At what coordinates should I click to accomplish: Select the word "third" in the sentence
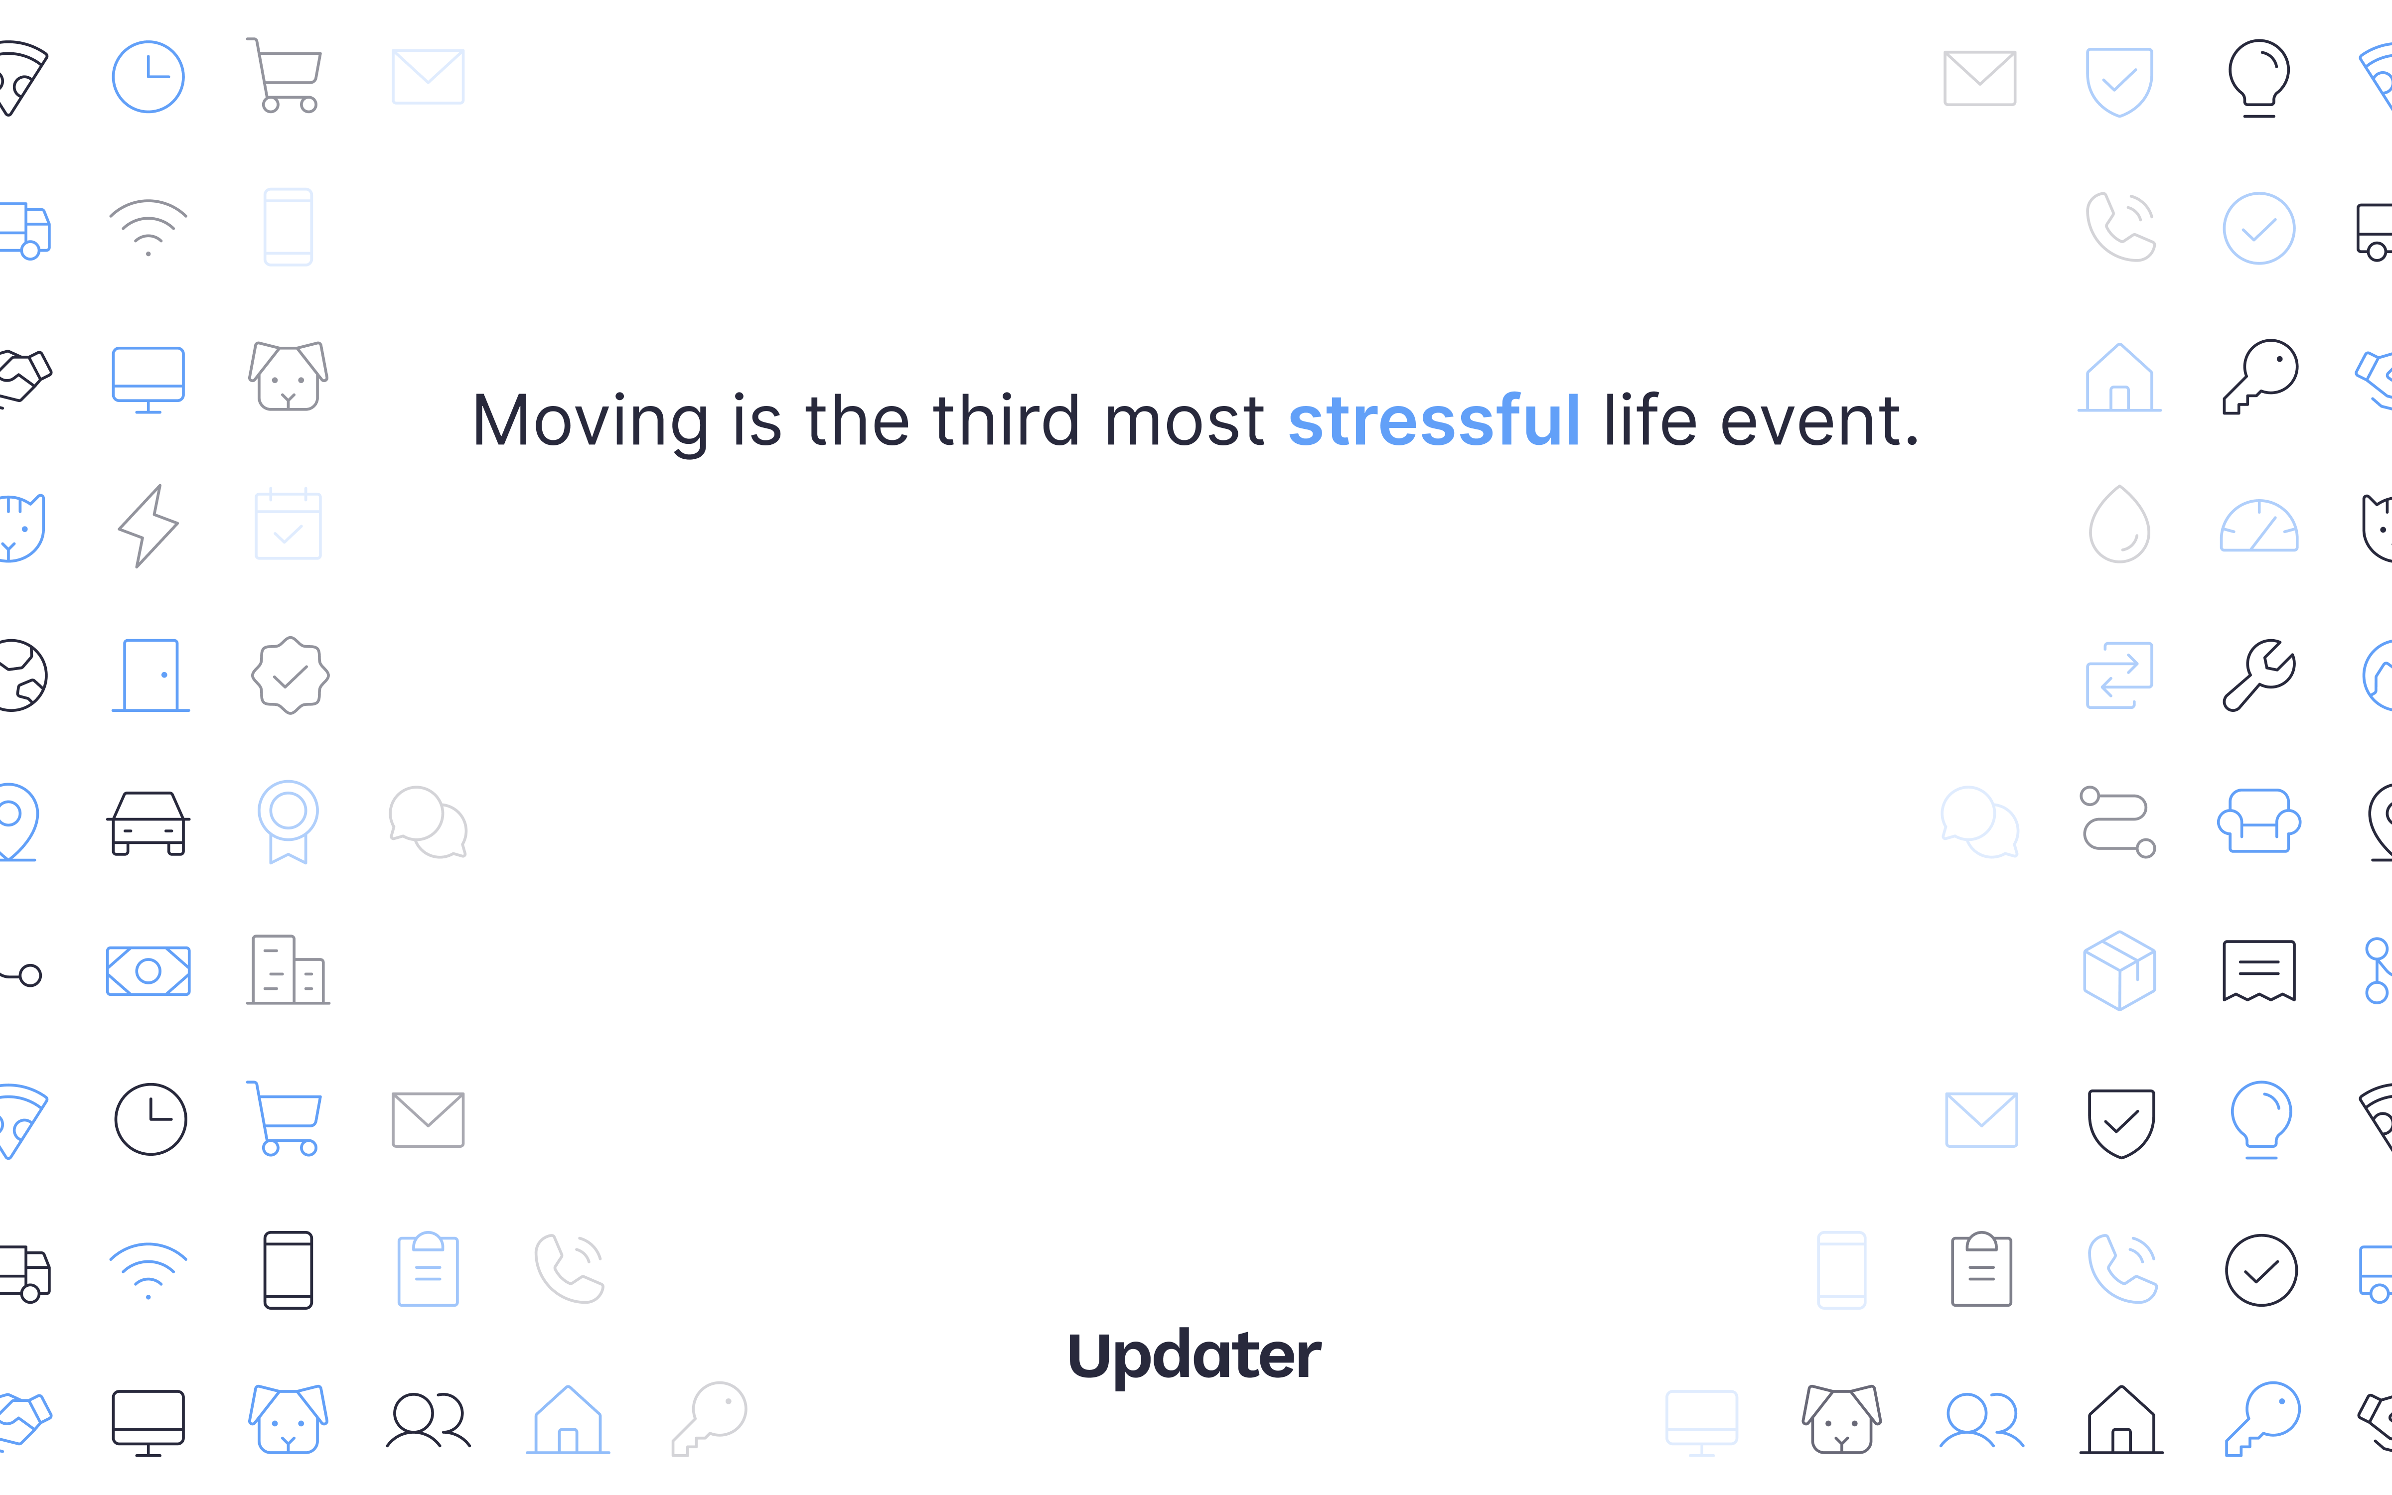(x=1006, y=420)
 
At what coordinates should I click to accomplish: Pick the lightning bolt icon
(x=149, y=526)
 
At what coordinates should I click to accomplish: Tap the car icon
(x=149, y=822)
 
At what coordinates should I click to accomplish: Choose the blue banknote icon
(x=149, y=971)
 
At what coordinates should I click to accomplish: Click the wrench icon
(x=2258, y=676)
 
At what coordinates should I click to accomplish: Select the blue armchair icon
(x=2258, y=820)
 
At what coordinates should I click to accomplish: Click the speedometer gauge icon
(x=2258, y=526)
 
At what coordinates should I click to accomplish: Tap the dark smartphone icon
(x=288, y=1269)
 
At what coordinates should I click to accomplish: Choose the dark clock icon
(x=150, y=1119)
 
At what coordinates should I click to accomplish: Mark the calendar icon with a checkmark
(x=288, y=524)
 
